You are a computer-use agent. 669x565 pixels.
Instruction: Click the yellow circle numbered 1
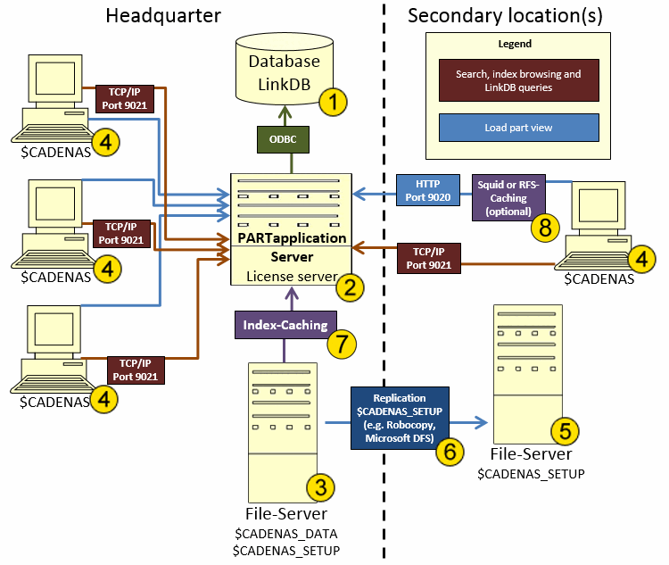point(333,102)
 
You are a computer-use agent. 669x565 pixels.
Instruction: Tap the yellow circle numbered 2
point(349,287)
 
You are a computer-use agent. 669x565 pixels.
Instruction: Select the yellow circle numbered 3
point(320,486)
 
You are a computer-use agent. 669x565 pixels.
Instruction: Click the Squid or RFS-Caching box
point(508,190)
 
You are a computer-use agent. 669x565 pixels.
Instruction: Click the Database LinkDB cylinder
point(283,70)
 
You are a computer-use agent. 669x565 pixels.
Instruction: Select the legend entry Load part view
point(518,128)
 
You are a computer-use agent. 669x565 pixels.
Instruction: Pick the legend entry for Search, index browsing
point(518,81)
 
